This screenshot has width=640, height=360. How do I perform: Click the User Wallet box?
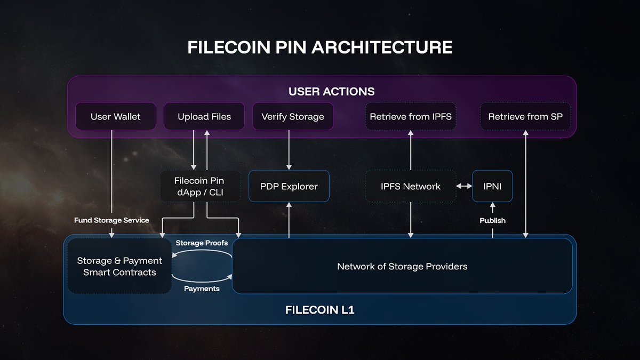(115, 116)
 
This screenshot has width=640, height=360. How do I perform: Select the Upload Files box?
(204, 116)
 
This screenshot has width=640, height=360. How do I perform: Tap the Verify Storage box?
(293, 116)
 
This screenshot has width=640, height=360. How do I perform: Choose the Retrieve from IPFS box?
(411, 116)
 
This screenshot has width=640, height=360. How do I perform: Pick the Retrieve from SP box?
(525, 116)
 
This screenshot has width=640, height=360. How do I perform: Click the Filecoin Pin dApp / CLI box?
(199, 186)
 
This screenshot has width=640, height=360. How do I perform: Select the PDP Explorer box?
(289, 186)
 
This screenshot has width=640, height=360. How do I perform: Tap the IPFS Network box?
(411, 186)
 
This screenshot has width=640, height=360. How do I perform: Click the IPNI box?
(492, 186)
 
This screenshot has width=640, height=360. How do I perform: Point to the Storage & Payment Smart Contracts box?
(119, 266)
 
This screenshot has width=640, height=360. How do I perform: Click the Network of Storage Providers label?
(402, 266)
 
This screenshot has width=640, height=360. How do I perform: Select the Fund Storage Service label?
(111, 220)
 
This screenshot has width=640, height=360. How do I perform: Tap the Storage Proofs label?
(202, 243)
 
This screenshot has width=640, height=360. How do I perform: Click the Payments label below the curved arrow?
(202, 289)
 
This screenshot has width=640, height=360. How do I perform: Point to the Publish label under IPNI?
(492, 220)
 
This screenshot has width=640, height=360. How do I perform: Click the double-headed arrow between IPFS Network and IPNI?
(464, 186)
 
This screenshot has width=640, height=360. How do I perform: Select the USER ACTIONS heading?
(331, 91)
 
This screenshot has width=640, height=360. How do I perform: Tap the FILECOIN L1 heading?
(319, 309)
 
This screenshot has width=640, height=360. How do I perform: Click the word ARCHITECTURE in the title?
(382, 47)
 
